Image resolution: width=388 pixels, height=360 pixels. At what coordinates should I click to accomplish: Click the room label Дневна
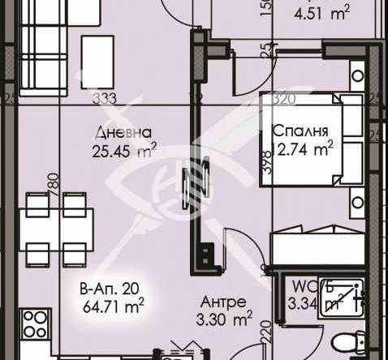tap(123, 132)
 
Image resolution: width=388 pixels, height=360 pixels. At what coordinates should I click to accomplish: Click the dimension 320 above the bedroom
tap(282, 101)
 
